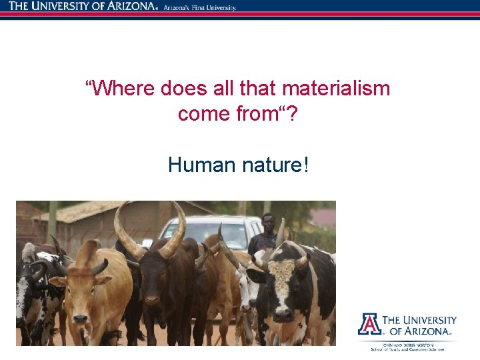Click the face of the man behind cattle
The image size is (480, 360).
coord(268,222)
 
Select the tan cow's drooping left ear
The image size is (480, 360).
coord(58,281)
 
